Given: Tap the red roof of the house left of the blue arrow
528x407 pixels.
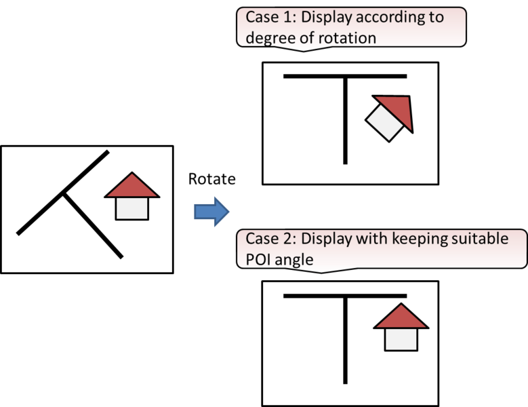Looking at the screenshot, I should [x=132, y=187].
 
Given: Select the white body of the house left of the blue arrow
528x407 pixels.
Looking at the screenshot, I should [x=132, y=208].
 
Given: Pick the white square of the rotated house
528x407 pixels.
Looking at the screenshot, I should [x=384, y=122].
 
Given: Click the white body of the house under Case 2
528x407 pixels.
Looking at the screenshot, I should [x=401, y=339].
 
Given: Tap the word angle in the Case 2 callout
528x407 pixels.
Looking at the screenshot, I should [x=296, y=259].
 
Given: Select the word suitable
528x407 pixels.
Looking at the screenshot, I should [x=480, y=239].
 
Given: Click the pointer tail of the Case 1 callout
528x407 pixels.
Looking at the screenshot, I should [x=304, y=49].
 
